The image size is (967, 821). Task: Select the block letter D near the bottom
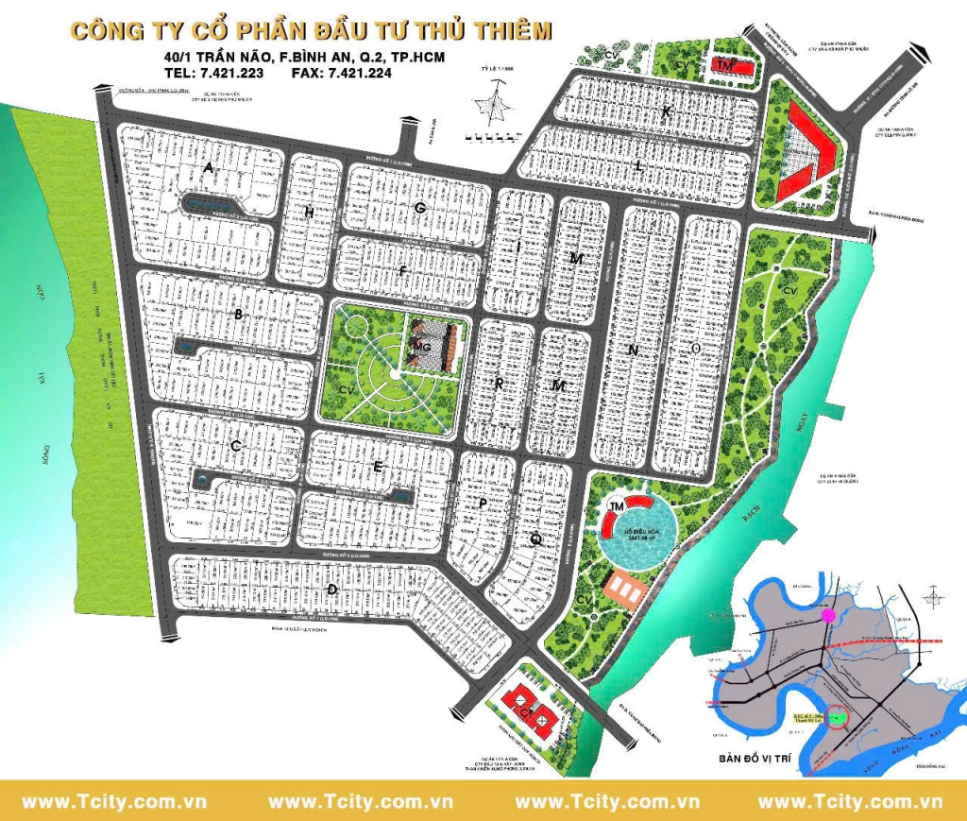click(x=331, y=590)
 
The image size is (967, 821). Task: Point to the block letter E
click(x=378, y=467)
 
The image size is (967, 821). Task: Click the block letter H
click(x=309, y=212)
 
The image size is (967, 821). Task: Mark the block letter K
click(x=666, y=112)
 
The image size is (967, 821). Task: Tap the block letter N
click(x=633, y=350)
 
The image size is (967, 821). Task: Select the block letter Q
click(x=535, y=539)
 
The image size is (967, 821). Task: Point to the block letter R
click(x=498, y=383)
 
